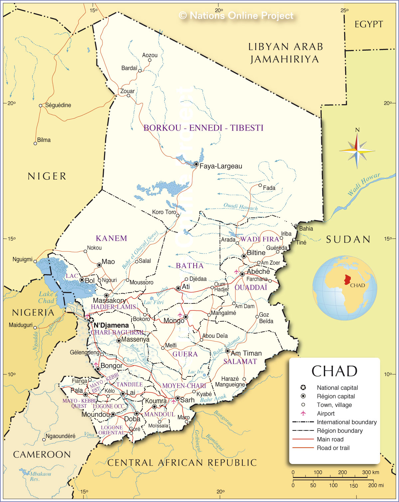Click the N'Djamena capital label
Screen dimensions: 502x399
tap(111, 325)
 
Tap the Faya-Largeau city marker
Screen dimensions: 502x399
tap(197, 164)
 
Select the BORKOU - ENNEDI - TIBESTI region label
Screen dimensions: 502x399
tap(203, 128)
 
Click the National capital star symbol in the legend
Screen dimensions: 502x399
tap(303, 387)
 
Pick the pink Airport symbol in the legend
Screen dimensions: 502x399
tap(303, 413)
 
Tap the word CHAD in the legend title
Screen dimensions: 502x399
tap(334, 371)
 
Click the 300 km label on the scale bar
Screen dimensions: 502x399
tap(370, 472)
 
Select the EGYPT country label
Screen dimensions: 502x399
tap(369, 24)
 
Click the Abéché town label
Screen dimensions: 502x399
tap(258, 271)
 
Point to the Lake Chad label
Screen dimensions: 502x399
tap(46, 297)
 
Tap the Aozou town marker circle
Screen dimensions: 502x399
tap(150, 60)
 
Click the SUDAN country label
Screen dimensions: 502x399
tap(348, 239)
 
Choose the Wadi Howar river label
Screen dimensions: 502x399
tap(364, 184)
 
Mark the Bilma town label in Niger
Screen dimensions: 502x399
tap(44, 140)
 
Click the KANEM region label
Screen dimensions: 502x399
tap(111, 238)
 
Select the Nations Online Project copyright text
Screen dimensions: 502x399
tap(236, 16)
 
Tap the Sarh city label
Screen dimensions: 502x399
tap(187, 400)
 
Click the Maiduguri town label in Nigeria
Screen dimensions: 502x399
tap(21, 325)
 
